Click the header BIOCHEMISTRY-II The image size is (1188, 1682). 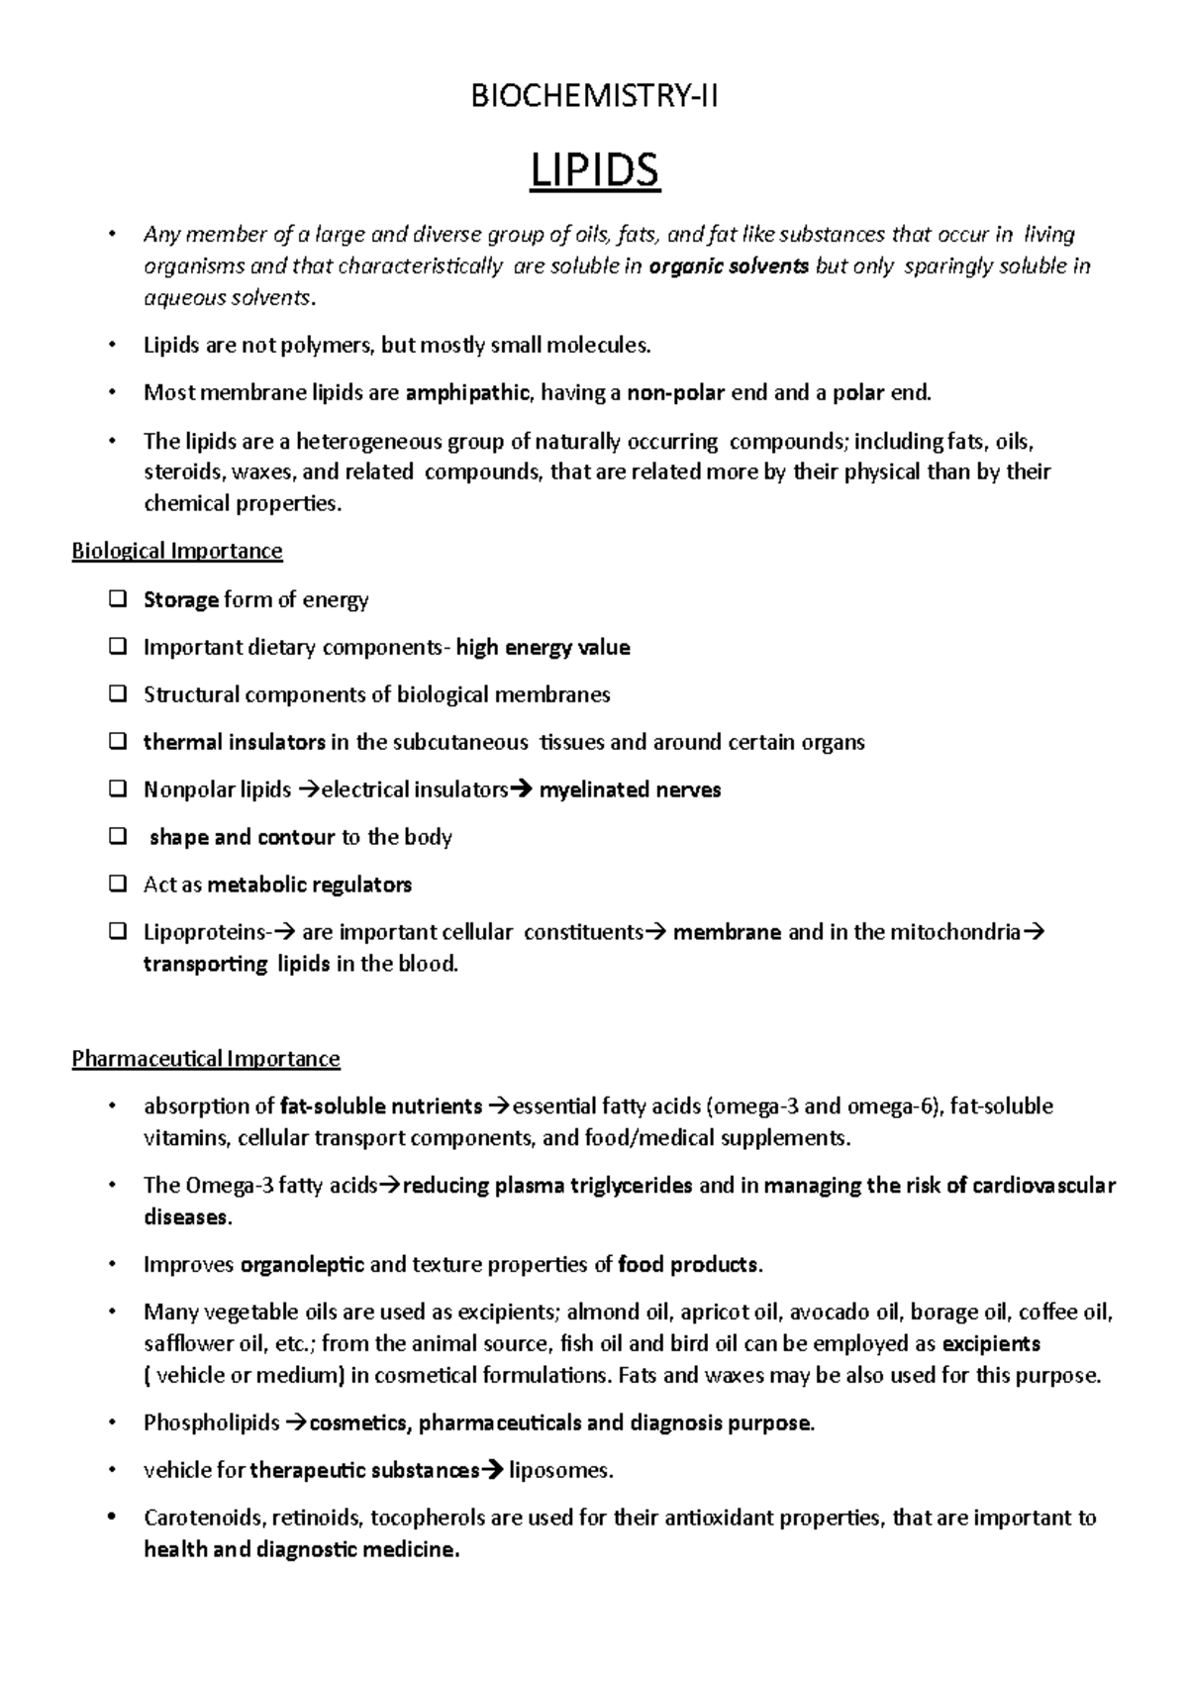(594, 96)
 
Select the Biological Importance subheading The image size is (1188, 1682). (177, 551)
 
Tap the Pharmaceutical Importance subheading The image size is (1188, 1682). (206, 1059)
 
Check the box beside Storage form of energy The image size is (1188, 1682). (118, 599)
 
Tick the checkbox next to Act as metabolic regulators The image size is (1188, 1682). (118, 885)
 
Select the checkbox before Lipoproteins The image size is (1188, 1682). (118, 932)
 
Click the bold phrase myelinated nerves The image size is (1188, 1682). (630, 789)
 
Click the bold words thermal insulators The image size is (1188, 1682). (234, 742)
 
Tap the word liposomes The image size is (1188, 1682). (559, 1471)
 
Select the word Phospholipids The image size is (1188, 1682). (212, 1423)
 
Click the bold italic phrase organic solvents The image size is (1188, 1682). (729, 266)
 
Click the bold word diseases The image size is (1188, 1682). (186, 1217)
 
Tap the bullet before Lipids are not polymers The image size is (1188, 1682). (116, 346)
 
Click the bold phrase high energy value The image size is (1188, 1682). (543, 648)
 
